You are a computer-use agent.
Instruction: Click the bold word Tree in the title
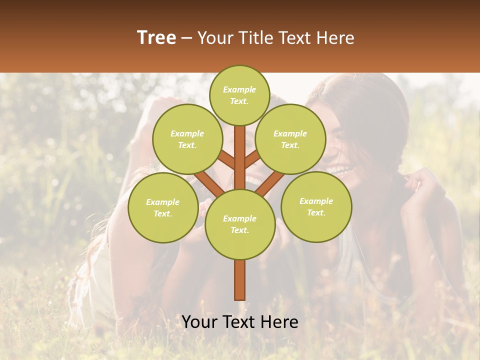point(156,38)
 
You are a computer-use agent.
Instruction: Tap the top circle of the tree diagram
point(239,95)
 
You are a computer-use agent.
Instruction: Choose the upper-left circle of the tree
point(187,139)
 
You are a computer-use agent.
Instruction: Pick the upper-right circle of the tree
point(290,139)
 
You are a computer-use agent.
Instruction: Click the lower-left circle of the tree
point(162,207)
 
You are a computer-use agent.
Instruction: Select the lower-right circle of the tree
point(316,206)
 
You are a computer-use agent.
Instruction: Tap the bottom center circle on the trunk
point(239,224)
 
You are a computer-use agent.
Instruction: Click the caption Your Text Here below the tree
point(239,322)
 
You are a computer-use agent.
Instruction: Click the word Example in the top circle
point(239,89)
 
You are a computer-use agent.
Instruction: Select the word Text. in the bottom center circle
point(239,230)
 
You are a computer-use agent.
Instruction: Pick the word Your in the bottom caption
point(199,322)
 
